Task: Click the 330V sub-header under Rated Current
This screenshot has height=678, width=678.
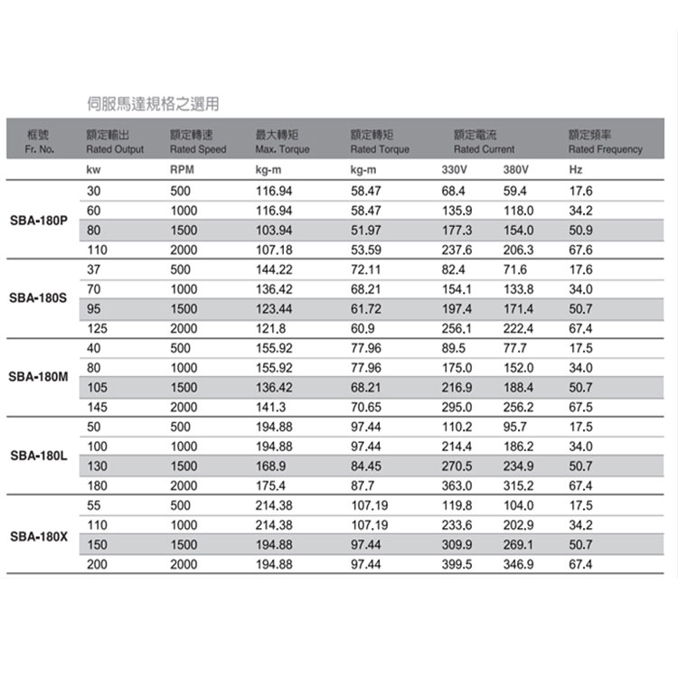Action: click(455, 169)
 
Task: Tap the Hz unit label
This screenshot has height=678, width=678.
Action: click(576, 169)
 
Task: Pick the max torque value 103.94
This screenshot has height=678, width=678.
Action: click(274, 230)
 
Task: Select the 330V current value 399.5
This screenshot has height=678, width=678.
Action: click(457, 564)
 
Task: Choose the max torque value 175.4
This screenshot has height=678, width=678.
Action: click(270, 485)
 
